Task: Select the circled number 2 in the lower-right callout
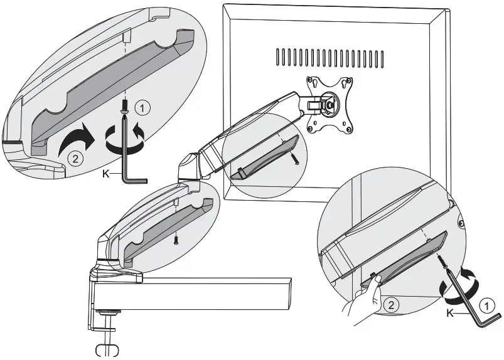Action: click(390, 306)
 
